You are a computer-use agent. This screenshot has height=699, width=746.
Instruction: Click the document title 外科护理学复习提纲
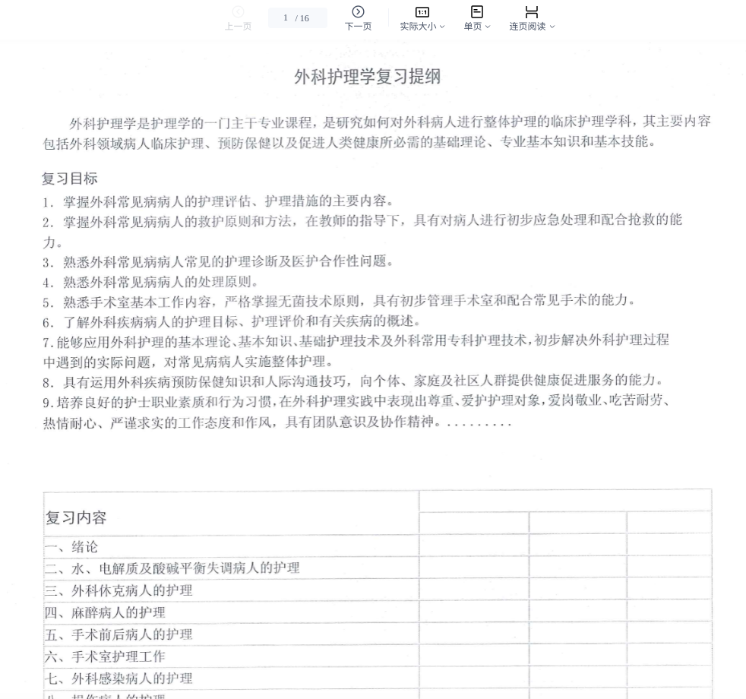click(367, 77)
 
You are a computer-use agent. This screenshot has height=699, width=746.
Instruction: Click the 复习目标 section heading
click(69, 179)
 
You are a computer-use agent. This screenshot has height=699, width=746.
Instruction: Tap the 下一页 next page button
click(358, 18)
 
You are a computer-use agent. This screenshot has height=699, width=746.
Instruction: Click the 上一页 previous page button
click(238, 18)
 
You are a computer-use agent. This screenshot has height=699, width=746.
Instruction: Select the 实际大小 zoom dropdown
click(422, 18)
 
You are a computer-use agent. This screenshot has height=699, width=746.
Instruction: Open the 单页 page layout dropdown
click(476, 18)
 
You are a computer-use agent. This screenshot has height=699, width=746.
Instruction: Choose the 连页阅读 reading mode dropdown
click(532, 18)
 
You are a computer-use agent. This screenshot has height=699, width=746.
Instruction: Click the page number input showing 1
click(286, 18)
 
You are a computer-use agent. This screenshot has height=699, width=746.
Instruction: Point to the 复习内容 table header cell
click(76, 517)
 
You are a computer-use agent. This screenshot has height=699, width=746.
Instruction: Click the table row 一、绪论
click(71, 547)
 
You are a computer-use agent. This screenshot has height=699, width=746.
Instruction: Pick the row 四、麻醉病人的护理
click(105, 612)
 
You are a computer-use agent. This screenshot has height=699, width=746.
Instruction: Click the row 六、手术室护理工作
click(105, 656)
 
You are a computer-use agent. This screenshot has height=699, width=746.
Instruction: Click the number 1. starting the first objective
click(48, 202)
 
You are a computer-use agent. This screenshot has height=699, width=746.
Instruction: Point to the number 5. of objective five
click(48, 302)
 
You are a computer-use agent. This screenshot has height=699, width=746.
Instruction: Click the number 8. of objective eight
click(48, 381)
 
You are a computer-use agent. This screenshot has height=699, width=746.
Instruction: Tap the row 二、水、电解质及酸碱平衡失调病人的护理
click(172, 568)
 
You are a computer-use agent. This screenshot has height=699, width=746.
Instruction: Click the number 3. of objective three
click(48, 262)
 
